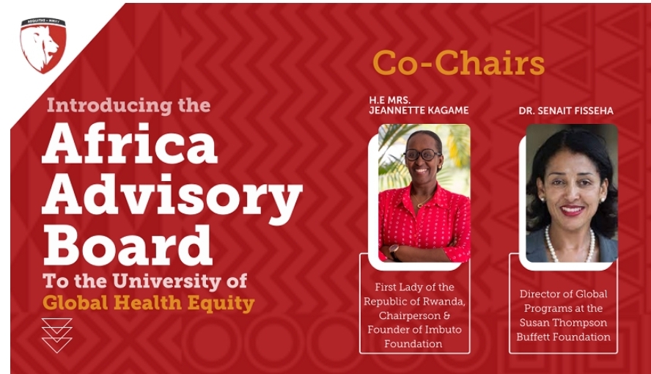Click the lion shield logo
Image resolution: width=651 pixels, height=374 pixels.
coord(43,45)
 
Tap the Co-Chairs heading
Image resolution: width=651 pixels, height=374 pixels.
coord(458,63)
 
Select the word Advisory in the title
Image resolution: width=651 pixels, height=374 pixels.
coord(172,194)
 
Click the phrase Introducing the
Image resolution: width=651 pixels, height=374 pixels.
coord(128,105)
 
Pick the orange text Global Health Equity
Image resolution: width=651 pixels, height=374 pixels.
coord(148,302)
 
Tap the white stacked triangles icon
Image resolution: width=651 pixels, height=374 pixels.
coord(56,335)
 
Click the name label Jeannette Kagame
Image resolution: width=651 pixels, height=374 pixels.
coord(419,110)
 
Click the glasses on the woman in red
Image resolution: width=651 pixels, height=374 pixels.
coord(422,155)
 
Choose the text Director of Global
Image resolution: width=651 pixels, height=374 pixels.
coord(563,294)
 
